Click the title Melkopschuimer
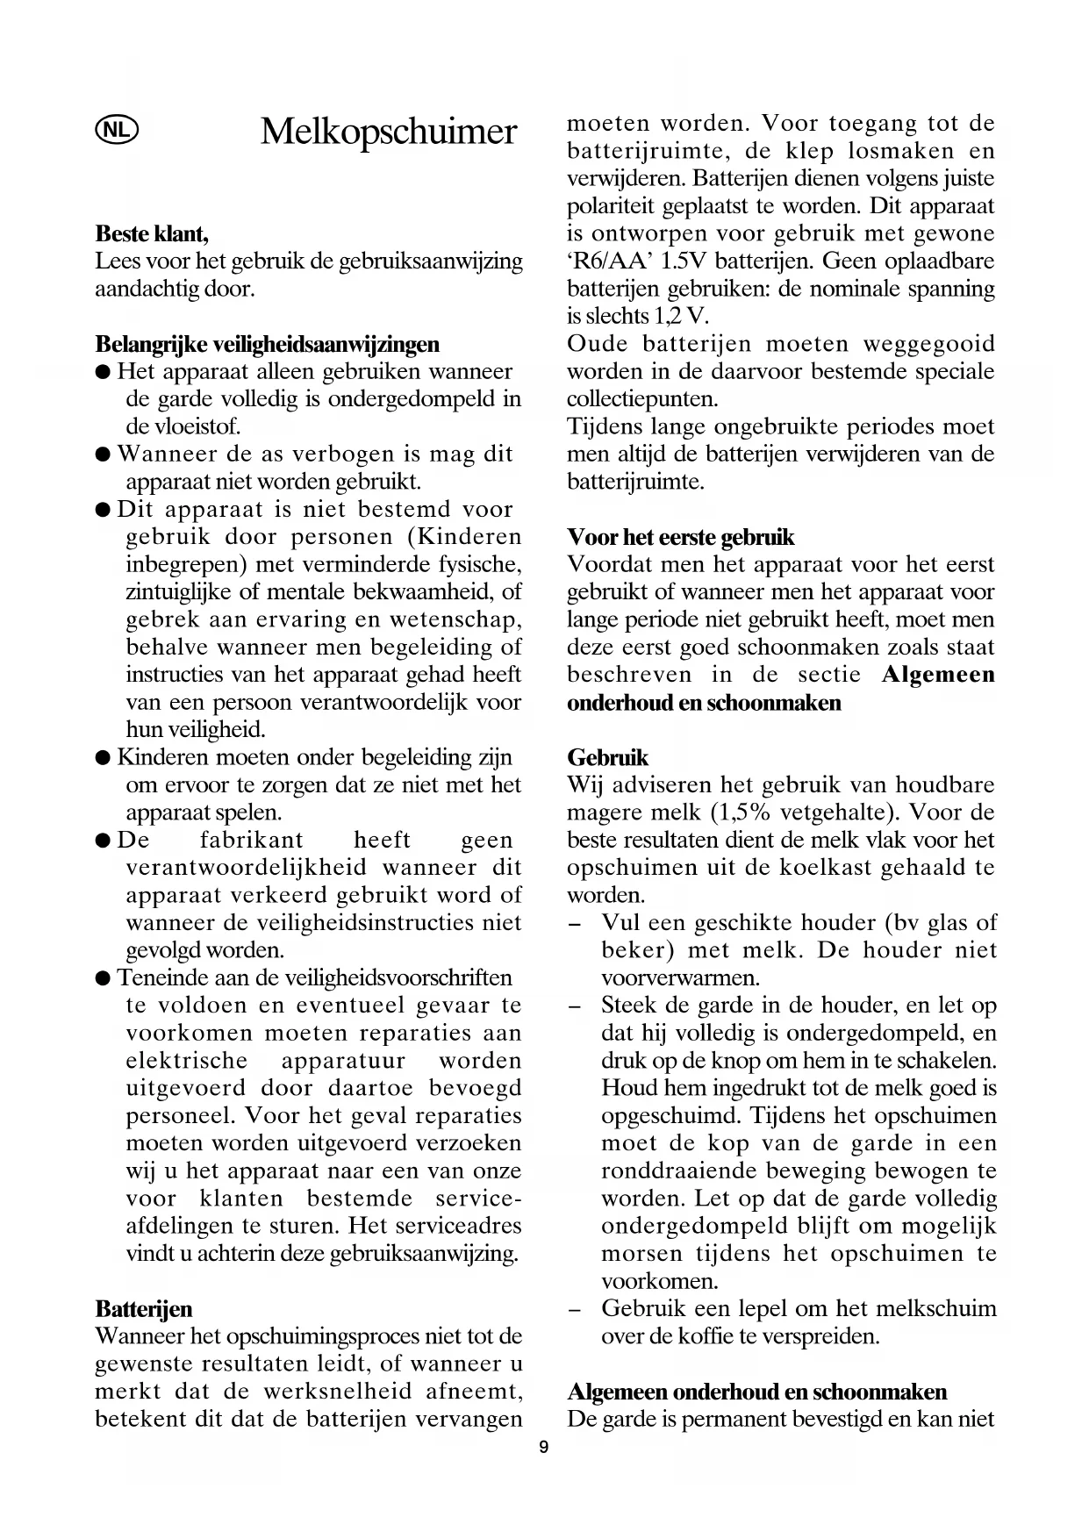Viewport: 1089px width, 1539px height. (389, 132)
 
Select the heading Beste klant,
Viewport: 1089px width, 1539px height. (152, 233)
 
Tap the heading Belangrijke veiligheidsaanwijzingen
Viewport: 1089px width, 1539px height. (267, 344)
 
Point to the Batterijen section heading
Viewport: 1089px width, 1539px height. (143, 1309)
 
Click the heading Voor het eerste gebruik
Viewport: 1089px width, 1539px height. (680, 537)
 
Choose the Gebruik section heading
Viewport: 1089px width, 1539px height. (607, 757)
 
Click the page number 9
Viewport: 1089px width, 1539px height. (544, 1448)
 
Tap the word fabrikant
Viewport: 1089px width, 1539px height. (251, 840)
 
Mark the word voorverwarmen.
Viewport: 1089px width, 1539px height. (681, 977)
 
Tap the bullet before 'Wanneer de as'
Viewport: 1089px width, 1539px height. (103, 455)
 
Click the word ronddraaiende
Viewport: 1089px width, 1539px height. (678, 1171)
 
